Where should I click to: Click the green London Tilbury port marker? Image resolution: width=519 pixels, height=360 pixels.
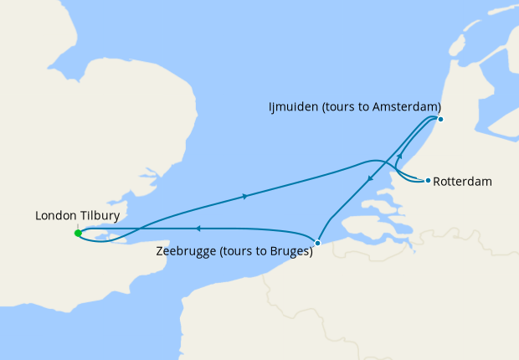point(77,234)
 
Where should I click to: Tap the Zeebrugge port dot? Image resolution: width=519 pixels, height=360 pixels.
point(317,243)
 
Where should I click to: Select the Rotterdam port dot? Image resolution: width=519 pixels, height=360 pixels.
point(428,181)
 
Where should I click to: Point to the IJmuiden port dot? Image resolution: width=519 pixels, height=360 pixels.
point(441,118)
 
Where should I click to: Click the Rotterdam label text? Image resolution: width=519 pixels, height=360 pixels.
point(463,181)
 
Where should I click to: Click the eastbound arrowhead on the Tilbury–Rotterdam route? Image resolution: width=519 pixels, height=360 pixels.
point(244,197)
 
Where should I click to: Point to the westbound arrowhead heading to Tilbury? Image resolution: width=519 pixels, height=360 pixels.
point(198,228)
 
